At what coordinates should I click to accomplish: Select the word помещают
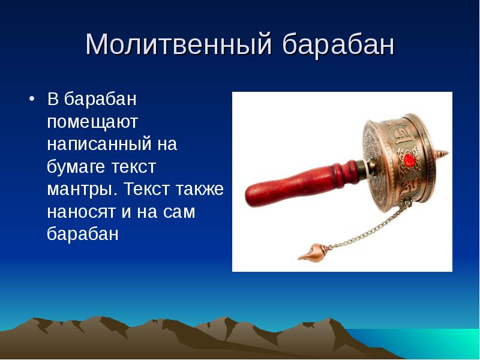(x=93, y=122)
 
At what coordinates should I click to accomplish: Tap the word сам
(x=179, y=212)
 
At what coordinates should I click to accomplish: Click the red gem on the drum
(x=410, y=160)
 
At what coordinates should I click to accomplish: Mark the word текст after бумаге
(x=136, y=167)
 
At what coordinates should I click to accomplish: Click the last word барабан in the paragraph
(x=83, y=234)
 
